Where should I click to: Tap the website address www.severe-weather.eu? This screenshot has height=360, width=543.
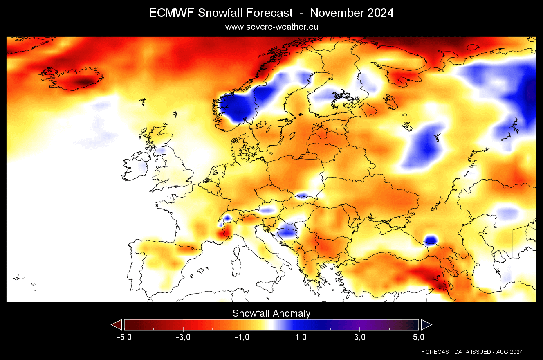[271, 27]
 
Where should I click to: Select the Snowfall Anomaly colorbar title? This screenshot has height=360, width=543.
[271, 313]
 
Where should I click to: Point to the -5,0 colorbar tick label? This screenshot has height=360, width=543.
[124, 337]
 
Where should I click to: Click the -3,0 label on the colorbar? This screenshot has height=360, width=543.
[183, 337]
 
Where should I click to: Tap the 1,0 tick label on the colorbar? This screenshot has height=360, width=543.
[301, 337]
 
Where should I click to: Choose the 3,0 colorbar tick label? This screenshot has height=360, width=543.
[360, 337]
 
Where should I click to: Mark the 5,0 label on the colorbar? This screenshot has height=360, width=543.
[418, 337]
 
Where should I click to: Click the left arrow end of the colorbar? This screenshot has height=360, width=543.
[117, 325]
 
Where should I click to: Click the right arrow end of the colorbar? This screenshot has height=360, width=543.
[426, 325]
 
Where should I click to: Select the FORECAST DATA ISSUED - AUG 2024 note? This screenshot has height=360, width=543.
[472, 352]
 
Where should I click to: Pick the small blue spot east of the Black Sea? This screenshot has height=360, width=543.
[431, 240]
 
